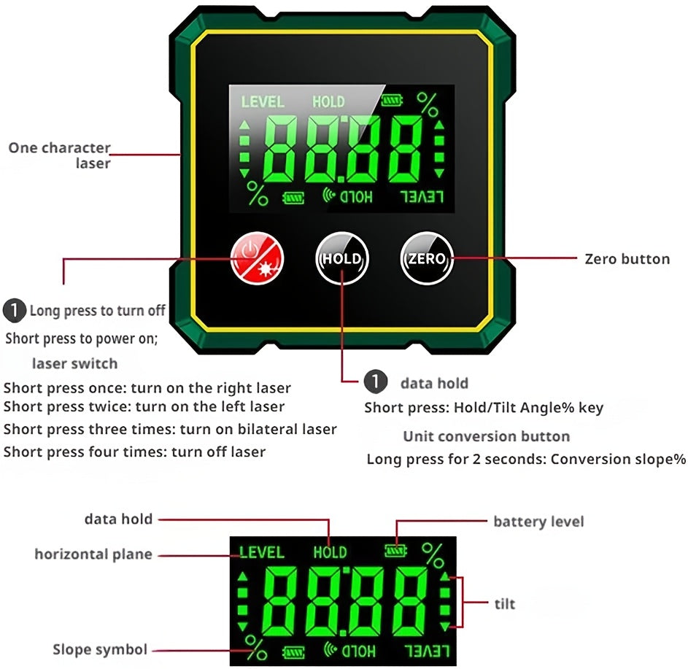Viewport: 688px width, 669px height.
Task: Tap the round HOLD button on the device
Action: click(342, 258)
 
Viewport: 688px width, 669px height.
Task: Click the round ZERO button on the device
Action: click(427, 258)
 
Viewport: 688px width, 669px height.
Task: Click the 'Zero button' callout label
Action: click(627, 258)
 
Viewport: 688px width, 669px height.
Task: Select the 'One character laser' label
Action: click(60, 155)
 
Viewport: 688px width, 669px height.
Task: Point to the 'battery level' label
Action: click(538, 521)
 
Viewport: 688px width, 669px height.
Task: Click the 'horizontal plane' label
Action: click(93, 554)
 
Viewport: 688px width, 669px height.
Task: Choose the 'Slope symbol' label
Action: click(100, 649)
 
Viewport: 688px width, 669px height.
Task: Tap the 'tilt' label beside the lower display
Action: click(504, 603)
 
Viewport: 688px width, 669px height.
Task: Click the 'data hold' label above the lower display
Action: click(118, 519)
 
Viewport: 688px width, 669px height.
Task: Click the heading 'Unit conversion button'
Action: click(487, 436)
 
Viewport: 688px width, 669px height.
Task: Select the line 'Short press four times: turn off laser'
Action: click(135, 452)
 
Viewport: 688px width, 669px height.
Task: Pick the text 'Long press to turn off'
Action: click(97, 311)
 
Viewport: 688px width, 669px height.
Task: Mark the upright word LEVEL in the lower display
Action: click(262, 552)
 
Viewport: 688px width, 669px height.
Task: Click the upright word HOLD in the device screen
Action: click(328, 101)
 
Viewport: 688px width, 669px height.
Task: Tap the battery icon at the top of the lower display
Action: click(396, 552)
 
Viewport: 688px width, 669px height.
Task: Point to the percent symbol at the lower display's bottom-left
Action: click(255, 646)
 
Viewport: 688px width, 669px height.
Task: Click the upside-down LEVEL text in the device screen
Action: click(422, 196)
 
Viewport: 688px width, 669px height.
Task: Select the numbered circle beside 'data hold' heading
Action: click(374, 382)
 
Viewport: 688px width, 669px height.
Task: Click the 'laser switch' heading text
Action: click(74, 363)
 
